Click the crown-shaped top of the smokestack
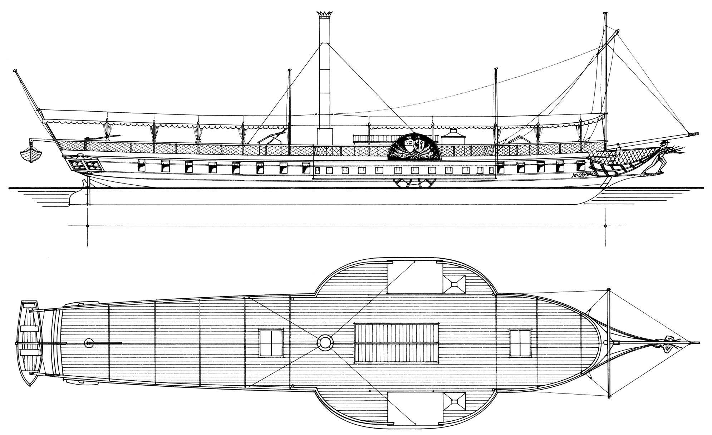click(324, 14)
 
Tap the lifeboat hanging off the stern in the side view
click(31, 153)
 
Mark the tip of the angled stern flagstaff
click(15, 70)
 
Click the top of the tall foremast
click(605, 14)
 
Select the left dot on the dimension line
click(87, 226)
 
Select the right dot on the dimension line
click(605, 226)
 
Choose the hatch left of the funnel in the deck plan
click(271, 343)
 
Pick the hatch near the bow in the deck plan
click(520, 343)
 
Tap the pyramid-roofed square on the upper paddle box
click(454, 284)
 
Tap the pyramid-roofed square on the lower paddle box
click(454, 402)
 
